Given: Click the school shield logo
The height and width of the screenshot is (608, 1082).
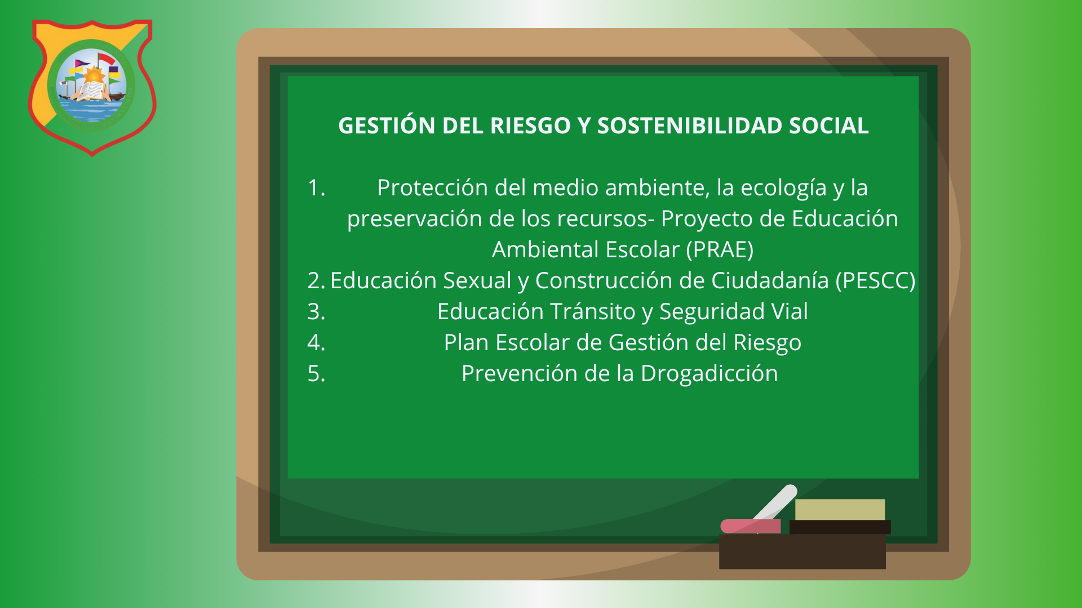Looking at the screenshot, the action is click(x=92, y=87).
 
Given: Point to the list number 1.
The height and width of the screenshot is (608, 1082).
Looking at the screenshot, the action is click(x=316, y=188).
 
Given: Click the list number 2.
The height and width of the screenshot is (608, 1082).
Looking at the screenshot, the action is click(x=316, y=280).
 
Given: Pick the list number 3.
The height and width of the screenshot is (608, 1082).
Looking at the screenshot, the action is click(x=316, y=311).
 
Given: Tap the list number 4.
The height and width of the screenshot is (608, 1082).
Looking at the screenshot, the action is click(x=316, y=342).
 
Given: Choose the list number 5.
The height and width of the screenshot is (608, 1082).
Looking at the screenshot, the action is click(x=316, y=373).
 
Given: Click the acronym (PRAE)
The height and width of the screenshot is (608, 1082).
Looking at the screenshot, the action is click(x=720, y=250).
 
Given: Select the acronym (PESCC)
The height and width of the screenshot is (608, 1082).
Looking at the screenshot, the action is click(x=875, y=281).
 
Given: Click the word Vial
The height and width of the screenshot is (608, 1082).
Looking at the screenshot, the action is click(x=790, y=311).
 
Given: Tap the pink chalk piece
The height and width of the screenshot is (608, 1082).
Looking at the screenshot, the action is click(x=750, y=526).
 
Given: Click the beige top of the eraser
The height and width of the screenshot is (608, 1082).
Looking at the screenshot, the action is click(x=840, y=509).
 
